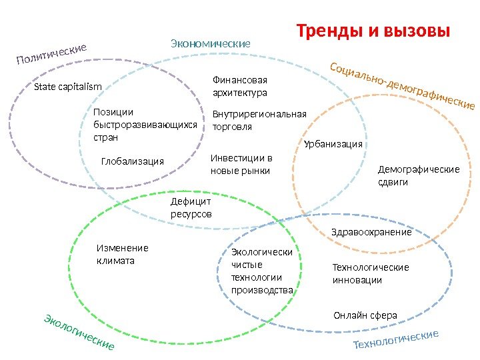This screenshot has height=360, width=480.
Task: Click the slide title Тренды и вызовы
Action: click(x=373, y=31)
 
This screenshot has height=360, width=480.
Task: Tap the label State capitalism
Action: click(x=67, y=87)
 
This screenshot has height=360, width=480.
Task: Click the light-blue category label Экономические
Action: click(x=211, y=44)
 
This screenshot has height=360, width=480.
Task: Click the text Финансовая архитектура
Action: click(x=239, y=86)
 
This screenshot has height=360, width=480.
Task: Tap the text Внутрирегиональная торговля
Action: click(x=259, y=120)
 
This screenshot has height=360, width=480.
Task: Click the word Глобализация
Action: click(x=132, y=161)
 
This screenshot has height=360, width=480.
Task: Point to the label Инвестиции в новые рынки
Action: click(x=241, y=165)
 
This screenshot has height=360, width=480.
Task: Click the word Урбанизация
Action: click(x=333, y=144)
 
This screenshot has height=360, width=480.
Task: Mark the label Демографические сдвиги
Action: click(x=419, y=175)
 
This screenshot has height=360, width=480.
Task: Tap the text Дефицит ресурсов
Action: click(x=191, y=207)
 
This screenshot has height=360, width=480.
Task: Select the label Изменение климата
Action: click(x=122, y=254)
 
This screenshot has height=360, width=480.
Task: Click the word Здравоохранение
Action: click(x=371, y=233)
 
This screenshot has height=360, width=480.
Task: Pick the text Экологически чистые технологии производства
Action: click(x=262, y=271)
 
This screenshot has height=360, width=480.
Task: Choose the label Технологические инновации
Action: click(x=370, y=273)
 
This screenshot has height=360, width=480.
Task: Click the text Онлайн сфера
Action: click(x=365, y=315)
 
